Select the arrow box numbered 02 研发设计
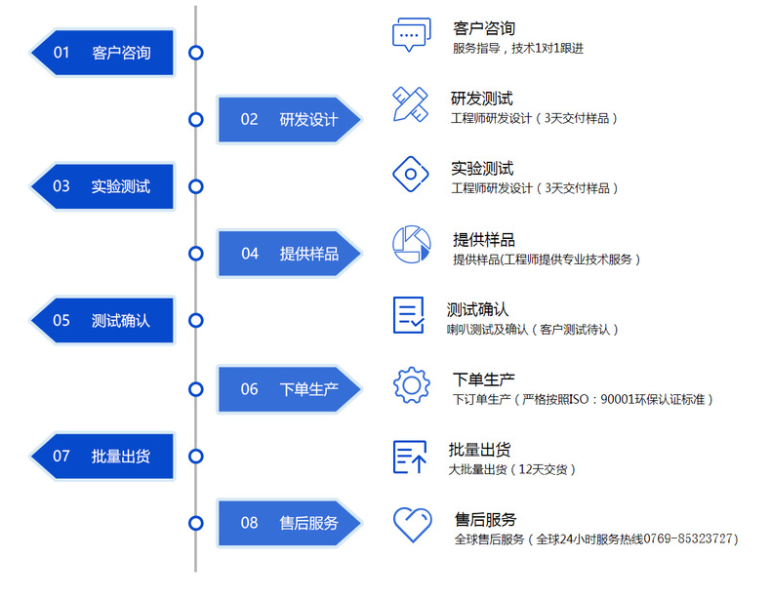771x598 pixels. coord(289,119)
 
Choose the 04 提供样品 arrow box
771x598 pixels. coord(289,254)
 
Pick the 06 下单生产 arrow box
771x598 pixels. coord(289,389)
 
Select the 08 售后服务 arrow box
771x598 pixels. coord(289,523)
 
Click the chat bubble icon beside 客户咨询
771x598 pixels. coord(411,35)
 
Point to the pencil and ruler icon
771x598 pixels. coord(411,104)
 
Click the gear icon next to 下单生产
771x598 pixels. coord(411,384)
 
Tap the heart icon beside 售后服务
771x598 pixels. coord(411,525)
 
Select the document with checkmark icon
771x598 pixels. coord(409,315)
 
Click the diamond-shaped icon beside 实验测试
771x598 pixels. coord(411,175)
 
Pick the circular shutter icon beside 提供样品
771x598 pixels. coord(411,245)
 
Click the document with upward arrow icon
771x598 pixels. coord(409,456)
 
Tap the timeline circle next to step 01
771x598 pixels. coord(196,53)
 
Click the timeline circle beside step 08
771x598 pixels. coord(196,523)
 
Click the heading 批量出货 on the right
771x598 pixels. coord(479,450)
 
